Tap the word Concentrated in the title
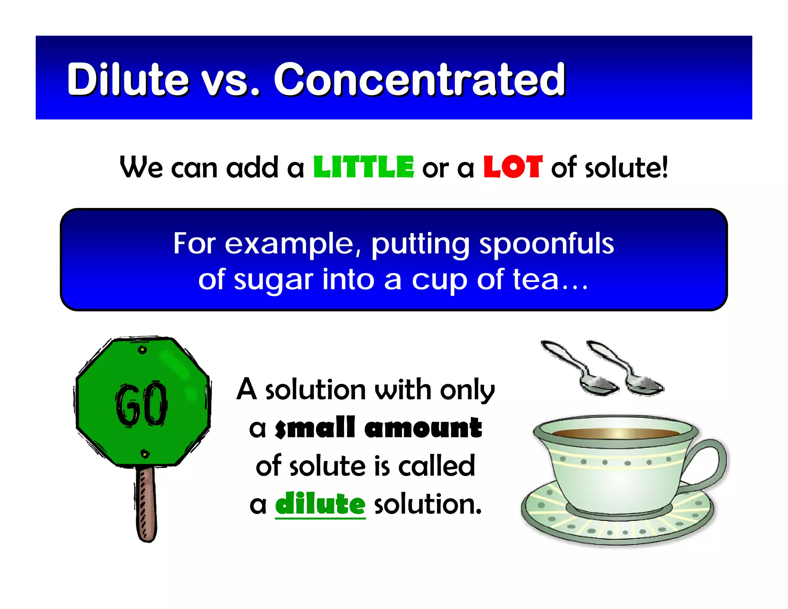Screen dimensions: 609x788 click(419, 79)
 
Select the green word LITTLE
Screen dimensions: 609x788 click(364, 167)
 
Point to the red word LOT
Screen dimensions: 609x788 click(513, 167)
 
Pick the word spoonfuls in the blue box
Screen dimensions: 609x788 click(546, 244)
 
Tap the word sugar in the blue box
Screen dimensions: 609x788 click(274, 280)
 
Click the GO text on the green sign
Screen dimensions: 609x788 click(142, 405)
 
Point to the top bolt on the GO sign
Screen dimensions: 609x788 click(143, 350)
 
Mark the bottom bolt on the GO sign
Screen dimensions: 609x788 click(145, 454)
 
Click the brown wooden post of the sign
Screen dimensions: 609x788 click(146, 504)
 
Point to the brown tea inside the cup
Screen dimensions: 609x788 click(616, 433)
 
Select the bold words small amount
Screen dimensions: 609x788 click(378, 428)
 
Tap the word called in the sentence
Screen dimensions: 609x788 click(437, 466)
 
